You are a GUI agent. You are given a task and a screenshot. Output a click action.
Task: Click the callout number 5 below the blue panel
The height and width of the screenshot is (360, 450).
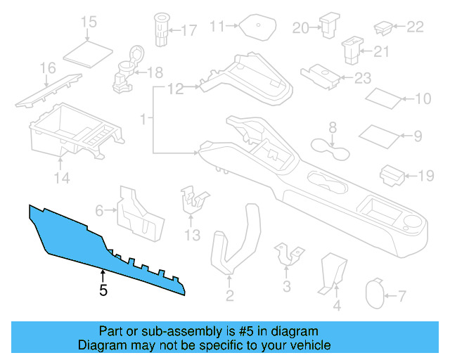pyautogui.click(x=103, y=290)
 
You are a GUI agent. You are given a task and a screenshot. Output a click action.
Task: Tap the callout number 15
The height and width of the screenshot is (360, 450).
pyautogui.click(x=89, y=22)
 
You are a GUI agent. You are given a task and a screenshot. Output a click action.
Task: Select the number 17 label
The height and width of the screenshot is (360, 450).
pyautogui.click(x=190, y=30)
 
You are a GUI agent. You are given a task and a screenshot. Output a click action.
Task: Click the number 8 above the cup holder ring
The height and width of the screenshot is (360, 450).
pyautogui.click(x=333, y=127)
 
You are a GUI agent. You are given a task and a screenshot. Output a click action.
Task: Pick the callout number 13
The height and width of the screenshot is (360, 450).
pyautogui.click(x=192, y=233)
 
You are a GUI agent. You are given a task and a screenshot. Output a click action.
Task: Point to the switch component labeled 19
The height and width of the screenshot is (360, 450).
pyautogui.click(x=390, y=175)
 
